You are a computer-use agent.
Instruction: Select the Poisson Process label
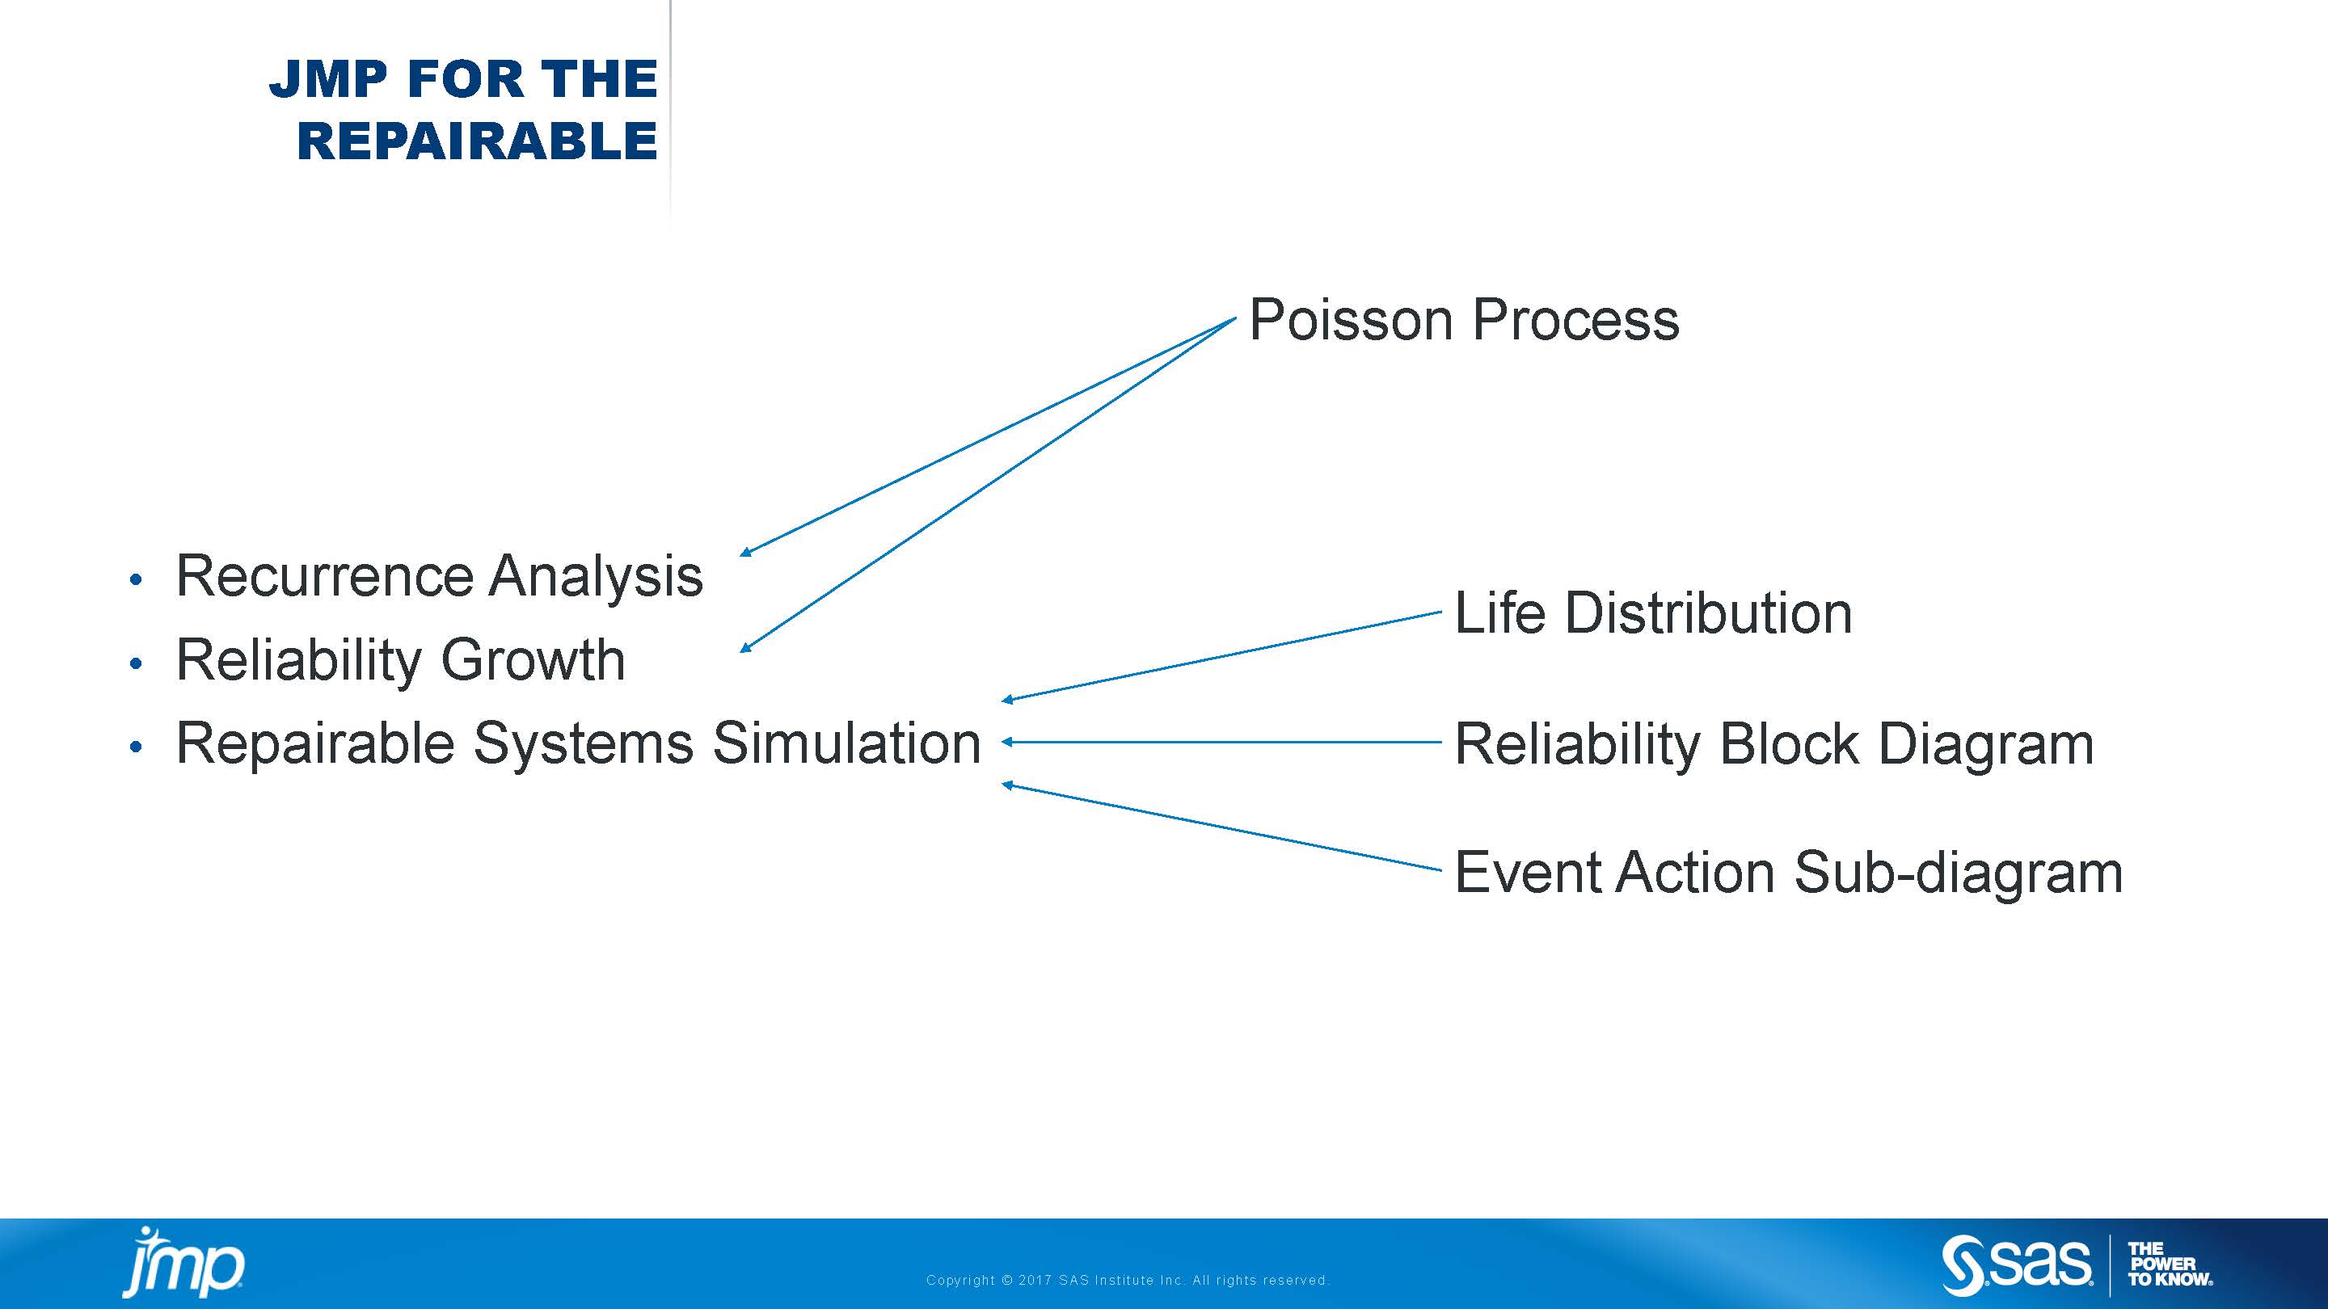pos(1463,320)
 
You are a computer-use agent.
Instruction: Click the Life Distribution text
pos(1653,613)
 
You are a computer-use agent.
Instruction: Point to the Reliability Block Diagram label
pos(1773,744)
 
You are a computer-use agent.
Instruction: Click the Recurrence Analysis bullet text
pos(439,576)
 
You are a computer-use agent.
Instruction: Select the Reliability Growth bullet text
pos(400,659)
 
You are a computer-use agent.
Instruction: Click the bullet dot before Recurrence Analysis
pos(137,579)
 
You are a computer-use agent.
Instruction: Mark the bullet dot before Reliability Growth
pos(137,664)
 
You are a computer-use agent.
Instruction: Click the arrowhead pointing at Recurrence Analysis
pos(745,551)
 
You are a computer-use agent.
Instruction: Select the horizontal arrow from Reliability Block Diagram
pos(1220,742)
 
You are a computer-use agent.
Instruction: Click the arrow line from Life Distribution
pos(1220,657)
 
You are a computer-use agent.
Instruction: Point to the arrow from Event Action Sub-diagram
pos(1220,827)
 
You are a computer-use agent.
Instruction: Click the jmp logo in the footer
pos(183,1262)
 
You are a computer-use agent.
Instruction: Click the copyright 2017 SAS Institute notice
pos(1127,1280)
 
